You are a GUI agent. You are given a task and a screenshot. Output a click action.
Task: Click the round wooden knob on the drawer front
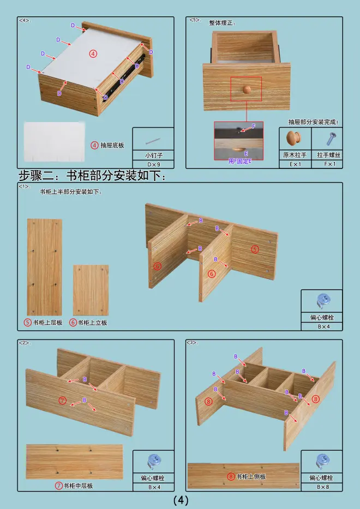(247, 89)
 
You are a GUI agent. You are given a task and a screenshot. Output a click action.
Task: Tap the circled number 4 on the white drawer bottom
(93, 53)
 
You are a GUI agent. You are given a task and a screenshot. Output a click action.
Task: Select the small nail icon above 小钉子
(153, 141)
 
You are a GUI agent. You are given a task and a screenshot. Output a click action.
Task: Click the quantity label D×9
(154, 164)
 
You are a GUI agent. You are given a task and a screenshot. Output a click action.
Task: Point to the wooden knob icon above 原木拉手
(293, 138)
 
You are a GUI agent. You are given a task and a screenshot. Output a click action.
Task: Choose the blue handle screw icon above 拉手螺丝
(331, 138)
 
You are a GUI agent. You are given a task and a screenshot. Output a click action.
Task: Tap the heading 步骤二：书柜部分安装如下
(92, 175)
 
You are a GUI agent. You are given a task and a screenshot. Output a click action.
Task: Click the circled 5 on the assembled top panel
(255, 249)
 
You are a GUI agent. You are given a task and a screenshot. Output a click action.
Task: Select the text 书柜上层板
(48, 323)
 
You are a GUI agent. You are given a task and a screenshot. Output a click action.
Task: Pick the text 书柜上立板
(92, 323)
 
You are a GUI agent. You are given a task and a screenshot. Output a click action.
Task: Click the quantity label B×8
(323, 487)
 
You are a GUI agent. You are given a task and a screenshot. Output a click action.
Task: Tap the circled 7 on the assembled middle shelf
(63, 401)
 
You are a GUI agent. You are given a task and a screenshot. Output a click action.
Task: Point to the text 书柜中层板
(78, 486)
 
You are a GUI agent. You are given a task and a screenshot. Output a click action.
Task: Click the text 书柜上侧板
(251, 476)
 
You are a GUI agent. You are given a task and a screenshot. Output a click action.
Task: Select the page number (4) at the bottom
(181, 500)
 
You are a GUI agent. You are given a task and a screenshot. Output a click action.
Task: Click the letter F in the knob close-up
(254, 126)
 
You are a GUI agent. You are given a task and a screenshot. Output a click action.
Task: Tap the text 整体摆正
(222, 23)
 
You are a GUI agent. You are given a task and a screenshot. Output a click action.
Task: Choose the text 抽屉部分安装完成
(313, 122)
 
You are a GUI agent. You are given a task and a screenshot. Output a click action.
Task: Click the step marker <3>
(192, 343)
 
